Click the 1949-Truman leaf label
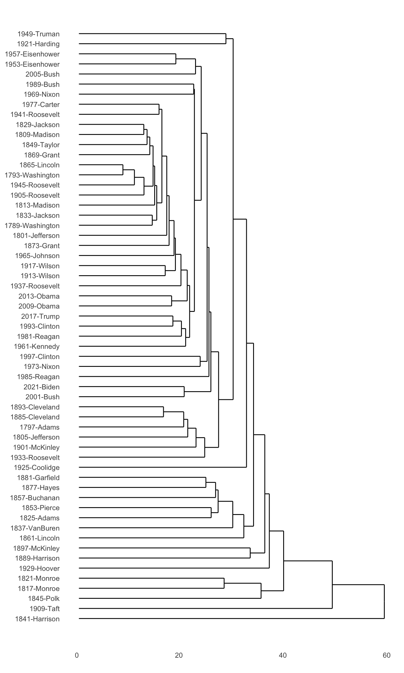[x=38, y=34]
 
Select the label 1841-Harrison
[x=37, y=619]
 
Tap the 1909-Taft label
[x=44, y=608]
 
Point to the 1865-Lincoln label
[x=39, y=165]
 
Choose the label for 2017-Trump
[x=40, y=316]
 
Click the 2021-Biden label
[x=41, y=387]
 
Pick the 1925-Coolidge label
[x=37, y=467]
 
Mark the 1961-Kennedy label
[x=37, y=346]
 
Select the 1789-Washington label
[x=32, y=226]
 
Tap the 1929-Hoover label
[x=39, y=568]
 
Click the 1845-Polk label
[x=44, y=598]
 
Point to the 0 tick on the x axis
[x=77, y=656]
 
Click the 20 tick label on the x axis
[x=179, y=656]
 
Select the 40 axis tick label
[x=283, y=656]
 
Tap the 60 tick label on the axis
[x=387, y=656]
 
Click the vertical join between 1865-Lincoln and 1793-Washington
[x=123, y=170]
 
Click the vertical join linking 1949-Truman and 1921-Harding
[x=226, y=39]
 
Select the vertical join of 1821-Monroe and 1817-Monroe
[x=224, y=583]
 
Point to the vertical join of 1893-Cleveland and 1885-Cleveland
[x=164, y=412]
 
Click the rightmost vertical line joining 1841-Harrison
[x=384, y=601]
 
